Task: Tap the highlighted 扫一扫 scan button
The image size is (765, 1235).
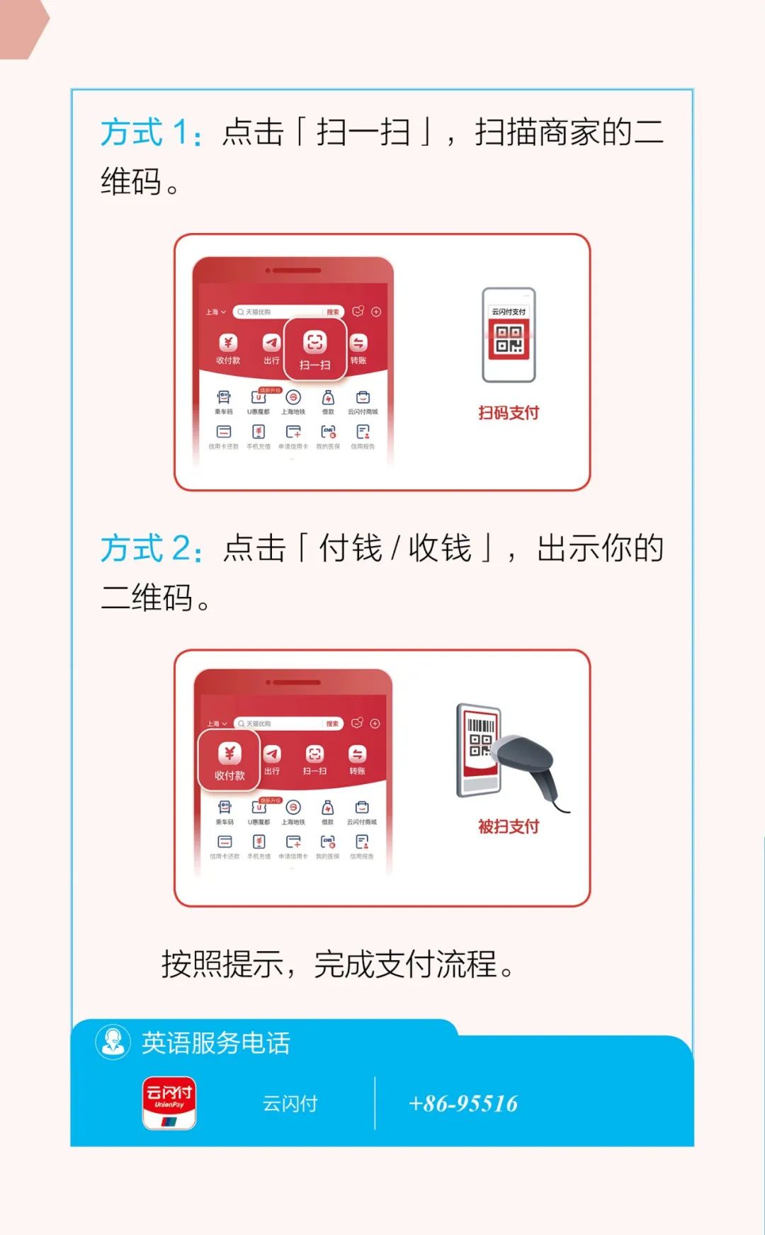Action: (315, 349)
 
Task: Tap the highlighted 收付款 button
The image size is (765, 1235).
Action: (229, 760)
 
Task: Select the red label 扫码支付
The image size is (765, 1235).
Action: (509, 413)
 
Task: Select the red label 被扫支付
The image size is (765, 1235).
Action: (509, 826)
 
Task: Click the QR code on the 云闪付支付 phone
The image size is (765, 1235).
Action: (509, 339)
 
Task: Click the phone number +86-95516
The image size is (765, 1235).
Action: (463, 1103)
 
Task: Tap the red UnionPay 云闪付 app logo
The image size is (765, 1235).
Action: (169, 1103)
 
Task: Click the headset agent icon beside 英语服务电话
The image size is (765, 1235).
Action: (113, 1042)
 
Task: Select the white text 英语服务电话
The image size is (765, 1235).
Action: (216, 1043)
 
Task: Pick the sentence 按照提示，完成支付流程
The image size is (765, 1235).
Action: (337, 964)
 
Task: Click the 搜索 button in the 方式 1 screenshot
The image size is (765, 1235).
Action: (332, 312)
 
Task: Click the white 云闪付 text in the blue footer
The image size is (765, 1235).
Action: (290, 1103)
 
